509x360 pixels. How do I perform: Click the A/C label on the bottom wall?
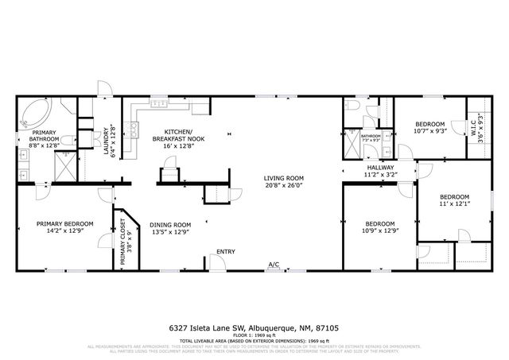click(x=274, y=265)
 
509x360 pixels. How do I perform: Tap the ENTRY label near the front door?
click(x=226, y=252)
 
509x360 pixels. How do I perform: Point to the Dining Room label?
click(x=170, y=224)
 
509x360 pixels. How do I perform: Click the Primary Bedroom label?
click(x=64, y=224)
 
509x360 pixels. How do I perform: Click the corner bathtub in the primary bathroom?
click(x=36, y=113)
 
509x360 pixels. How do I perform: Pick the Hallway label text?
click(x=379, y=168)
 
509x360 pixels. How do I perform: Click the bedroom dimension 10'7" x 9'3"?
click(x=430, y=132)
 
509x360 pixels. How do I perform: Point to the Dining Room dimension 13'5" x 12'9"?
click(x=170, y=232)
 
